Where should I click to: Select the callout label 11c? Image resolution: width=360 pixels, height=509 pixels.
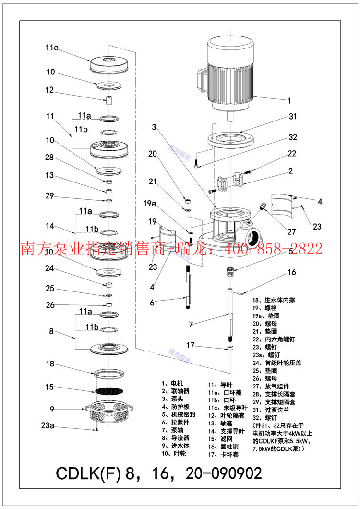click(52, 48)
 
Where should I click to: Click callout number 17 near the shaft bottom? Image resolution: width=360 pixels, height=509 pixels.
click(191, 345)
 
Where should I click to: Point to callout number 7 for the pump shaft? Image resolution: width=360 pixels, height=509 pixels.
click(191, 325)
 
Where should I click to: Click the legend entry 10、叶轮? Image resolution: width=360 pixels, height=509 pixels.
click(174, 453)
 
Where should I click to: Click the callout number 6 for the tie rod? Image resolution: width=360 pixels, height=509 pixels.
click(152, 302)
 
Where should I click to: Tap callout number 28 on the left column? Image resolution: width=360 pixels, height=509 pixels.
click(50, 158)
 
